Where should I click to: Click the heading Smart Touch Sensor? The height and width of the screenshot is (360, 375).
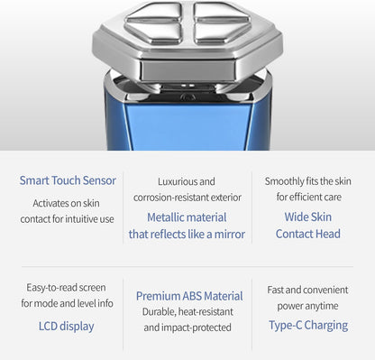pyautogui.click(x=68, y=180)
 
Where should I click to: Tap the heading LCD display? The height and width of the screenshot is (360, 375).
pyautogui.click(x=67, y=327)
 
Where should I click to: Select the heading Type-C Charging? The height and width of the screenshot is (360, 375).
pyautogui.click(x=308, y=326)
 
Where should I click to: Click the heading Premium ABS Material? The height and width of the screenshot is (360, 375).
pyautogui.click(x=189, y=296)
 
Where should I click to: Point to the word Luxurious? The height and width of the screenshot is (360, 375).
pyautogui.click(x=173, y=181)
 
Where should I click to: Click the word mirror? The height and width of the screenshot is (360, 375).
pyautogui.click(x=230, y=235)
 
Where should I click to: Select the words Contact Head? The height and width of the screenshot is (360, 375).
pyautogui.click(x=308, y=234)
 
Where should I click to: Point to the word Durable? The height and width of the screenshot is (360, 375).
pyautogui.click(x=159, y=312)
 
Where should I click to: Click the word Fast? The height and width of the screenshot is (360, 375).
pyautogui.click(x=275, y=290)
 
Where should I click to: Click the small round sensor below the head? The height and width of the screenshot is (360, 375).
pyautogui.click(x=187, y=97)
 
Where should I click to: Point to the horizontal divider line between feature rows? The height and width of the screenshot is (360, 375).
pyautogui.click(x=187, y=266)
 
